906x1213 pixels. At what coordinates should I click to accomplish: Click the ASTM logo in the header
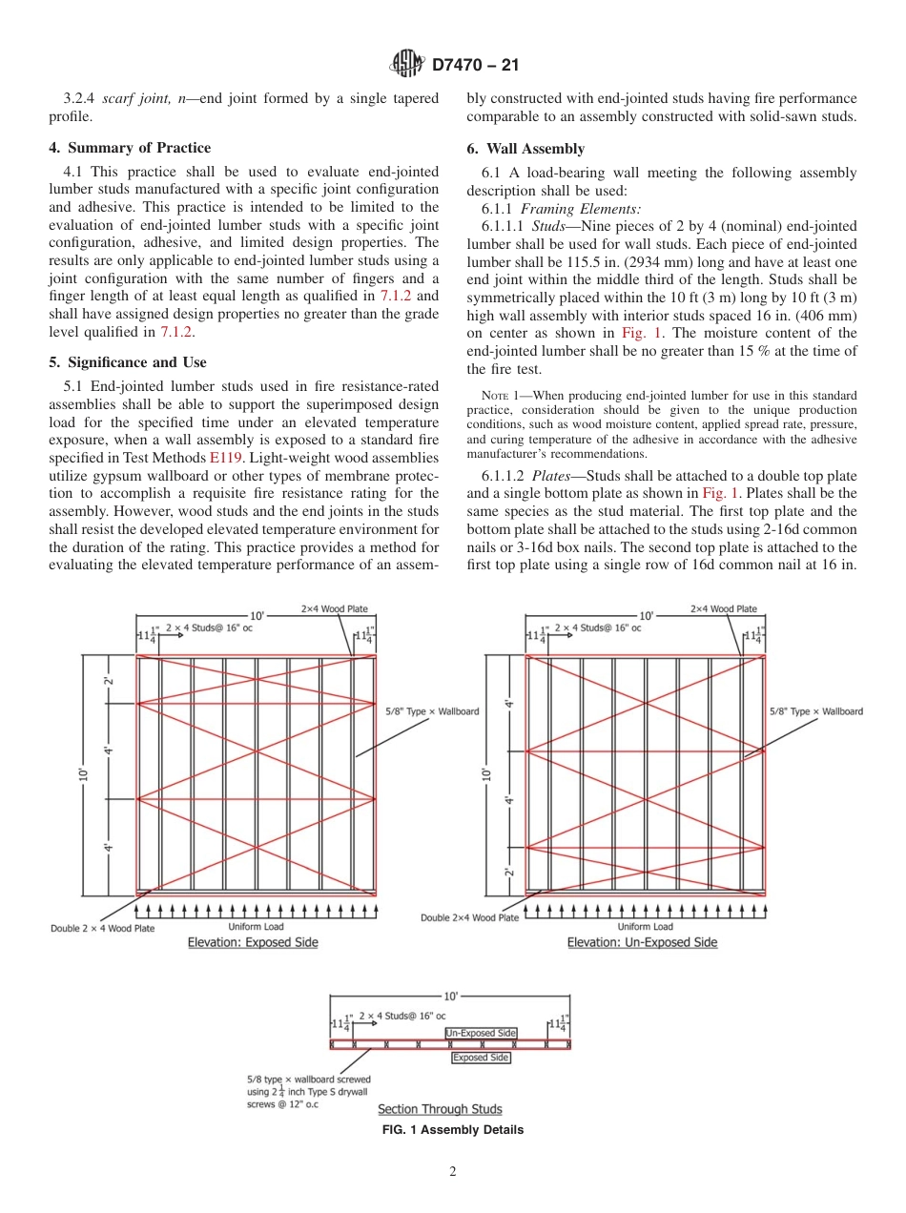point(407,65)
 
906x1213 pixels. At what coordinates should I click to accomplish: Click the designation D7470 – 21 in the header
point(474,66)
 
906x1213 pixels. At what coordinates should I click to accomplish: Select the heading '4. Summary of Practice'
point(130,148)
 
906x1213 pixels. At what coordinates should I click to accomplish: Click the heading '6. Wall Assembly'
point(525,149)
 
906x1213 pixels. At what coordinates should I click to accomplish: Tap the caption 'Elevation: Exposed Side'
point(253,942)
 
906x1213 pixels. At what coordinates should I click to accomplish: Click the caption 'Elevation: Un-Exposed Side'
point(642,942)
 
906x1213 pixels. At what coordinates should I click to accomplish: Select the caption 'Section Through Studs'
point(440,1109)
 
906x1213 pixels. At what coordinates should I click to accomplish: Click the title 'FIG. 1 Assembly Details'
point(452,1130)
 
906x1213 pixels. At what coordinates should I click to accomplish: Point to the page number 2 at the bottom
point(453,1172)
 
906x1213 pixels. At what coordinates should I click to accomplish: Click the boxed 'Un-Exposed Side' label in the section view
point(481,1033)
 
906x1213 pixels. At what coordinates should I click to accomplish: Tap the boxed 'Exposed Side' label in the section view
point(481,1058)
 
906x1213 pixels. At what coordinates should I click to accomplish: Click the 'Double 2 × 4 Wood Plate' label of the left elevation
point(102,928)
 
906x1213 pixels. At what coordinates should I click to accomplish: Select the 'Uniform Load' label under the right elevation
point(645,926)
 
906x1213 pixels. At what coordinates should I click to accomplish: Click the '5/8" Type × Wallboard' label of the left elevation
point(432,711)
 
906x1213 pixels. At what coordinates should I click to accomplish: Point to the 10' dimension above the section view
point(450,996)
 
